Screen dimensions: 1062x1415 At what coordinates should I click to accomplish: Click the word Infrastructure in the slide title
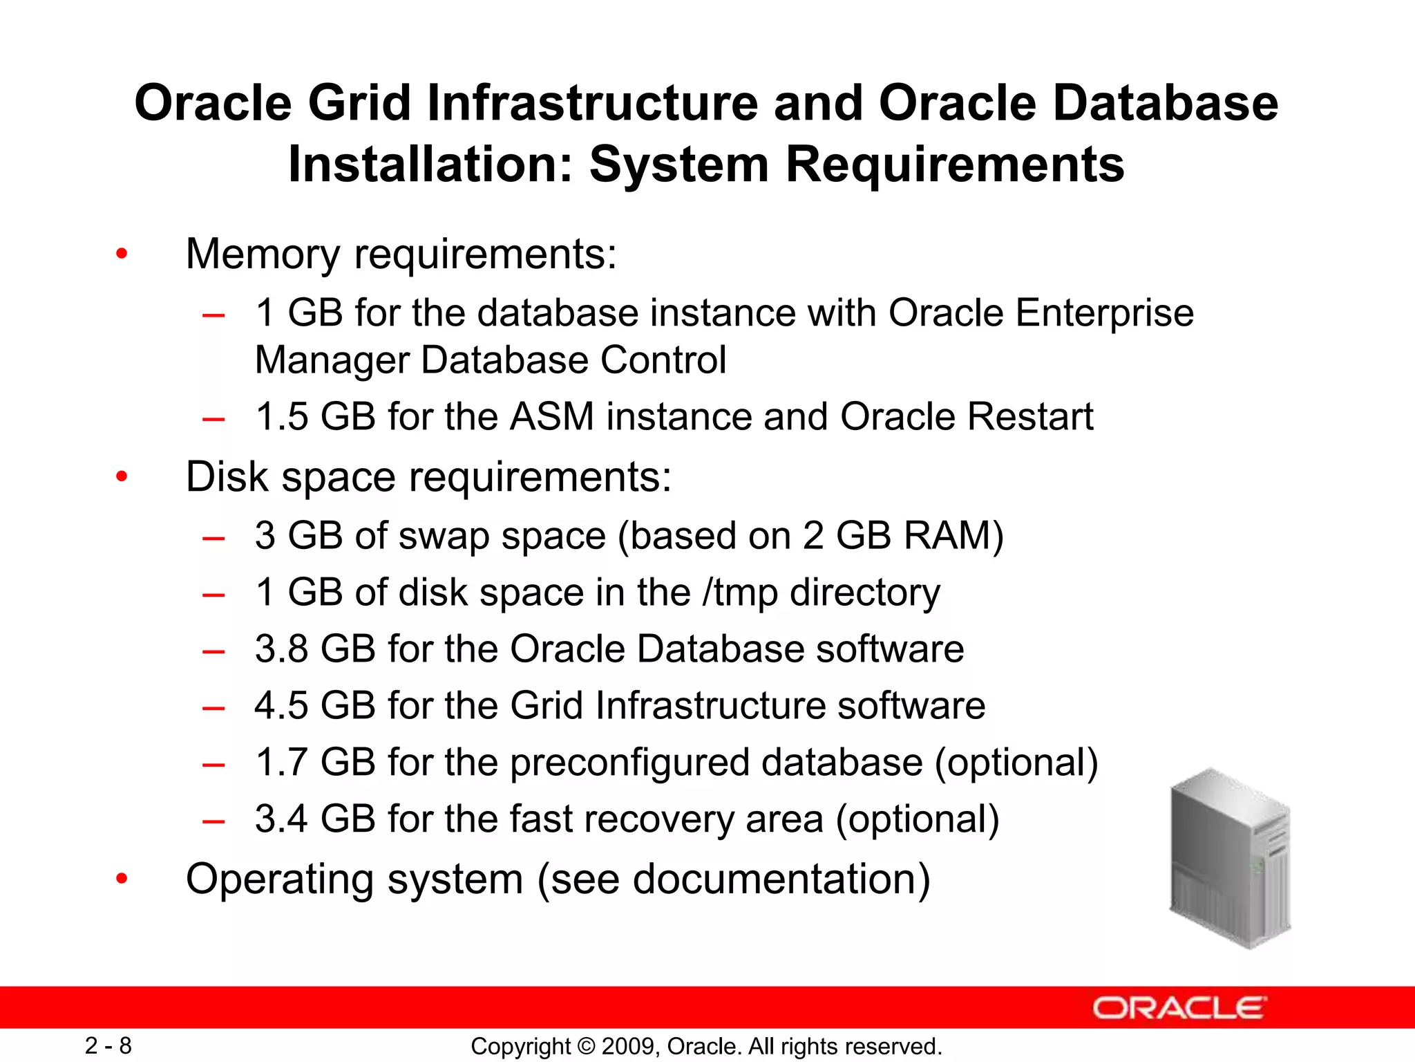click(592, 104)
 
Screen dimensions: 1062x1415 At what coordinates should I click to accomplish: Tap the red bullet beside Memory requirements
click(122, 254)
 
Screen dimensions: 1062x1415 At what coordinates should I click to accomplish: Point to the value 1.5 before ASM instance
click(281, 417)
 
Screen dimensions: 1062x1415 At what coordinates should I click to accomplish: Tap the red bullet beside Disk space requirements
click(122, 476)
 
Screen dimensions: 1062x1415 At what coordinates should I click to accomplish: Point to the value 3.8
click(281, 649)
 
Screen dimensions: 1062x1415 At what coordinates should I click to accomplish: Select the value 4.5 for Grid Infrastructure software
click(281, 706)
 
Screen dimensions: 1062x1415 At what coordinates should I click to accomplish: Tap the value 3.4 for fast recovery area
click(281, 819)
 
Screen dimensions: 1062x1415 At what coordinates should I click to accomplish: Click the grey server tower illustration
click(1230, 858)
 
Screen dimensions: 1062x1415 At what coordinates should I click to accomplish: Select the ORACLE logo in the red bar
click(1179, 1008)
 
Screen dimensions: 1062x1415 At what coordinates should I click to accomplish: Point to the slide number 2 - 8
click(108, 1045)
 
